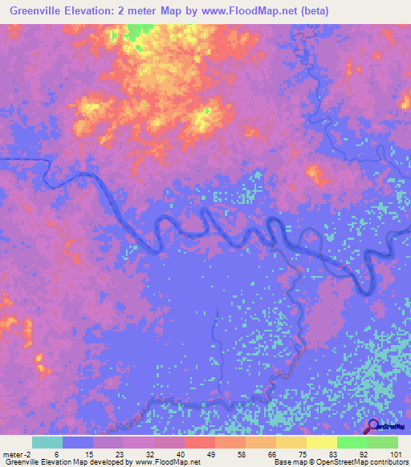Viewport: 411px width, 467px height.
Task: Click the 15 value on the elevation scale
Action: (x=89, y=455)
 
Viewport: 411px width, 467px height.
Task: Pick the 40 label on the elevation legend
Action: (x=181, y=455)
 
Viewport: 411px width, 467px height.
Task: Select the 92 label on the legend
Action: (x=364, y=455)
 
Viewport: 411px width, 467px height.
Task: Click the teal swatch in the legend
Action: (x=47, y=442)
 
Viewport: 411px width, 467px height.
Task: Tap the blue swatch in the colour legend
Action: (x=78, y=442)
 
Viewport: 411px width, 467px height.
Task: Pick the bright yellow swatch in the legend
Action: (x=322, y=442)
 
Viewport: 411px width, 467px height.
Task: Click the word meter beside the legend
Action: (x=14, y=455)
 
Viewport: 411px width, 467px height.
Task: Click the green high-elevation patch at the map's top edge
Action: (x=141, y=30)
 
